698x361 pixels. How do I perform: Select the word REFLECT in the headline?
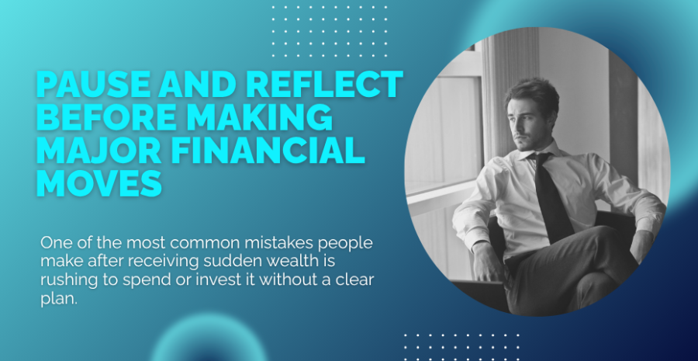324,84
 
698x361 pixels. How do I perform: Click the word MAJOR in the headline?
98,150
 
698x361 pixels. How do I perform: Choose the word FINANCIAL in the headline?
268,150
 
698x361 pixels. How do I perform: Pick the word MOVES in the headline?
98,182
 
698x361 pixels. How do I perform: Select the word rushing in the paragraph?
65,280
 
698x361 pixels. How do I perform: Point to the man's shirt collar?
542,151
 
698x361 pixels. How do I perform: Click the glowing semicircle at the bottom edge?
209,341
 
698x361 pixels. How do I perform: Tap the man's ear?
550,116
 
